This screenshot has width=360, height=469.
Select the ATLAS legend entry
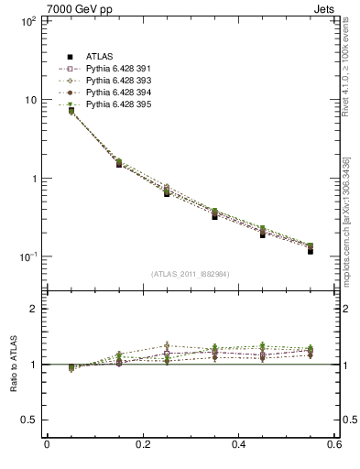click(x=102, y=58)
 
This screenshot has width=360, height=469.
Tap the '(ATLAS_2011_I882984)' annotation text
click(x=191, y=273)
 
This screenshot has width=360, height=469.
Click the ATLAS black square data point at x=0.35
click(x=214, y=216)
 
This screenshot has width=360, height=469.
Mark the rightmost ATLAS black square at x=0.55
click(x=311, y=250)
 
